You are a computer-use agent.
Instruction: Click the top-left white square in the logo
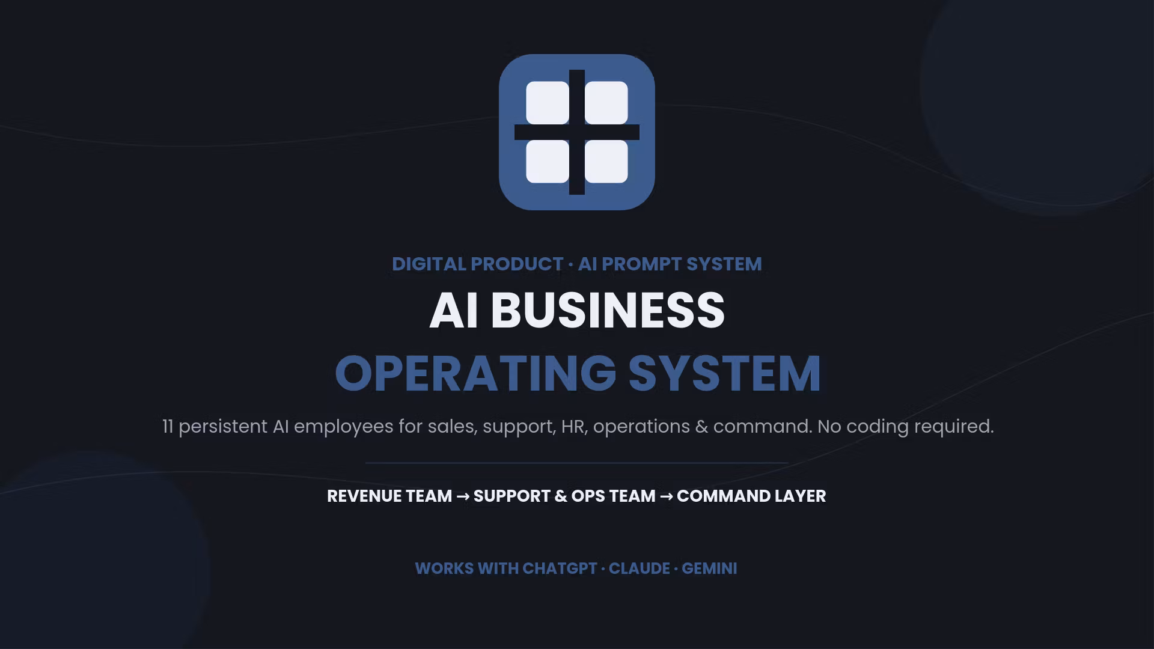click(x=548, y=103)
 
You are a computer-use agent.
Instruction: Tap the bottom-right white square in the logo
click(x=606, y=162)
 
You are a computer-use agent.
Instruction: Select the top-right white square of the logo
click(x=606, y=103)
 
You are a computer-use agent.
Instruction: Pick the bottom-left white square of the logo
click(x=548, y=162)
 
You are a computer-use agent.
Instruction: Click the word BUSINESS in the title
click(x=608, y=311)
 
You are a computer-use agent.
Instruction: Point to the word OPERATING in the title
click(x=476, y=373)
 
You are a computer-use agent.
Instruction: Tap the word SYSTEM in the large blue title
click(x=725, y=373)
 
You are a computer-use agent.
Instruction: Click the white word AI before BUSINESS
click(x=454, y=311)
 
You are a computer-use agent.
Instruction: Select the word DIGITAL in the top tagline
click(x=429, y=264)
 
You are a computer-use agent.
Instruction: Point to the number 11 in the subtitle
click(x=168, y=427)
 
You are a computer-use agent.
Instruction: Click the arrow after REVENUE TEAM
click(x=463, y=496)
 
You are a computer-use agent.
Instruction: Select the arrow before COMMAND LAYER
click(x=666, y=496)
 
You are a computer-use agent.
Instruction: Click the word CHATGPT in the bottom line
click(x=560, y=568)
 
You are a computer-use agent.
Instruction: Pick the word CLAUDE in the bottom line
click(x=639, y=568)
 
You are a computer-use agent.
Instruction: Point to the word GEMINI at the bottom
click(x=709, y=568)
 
